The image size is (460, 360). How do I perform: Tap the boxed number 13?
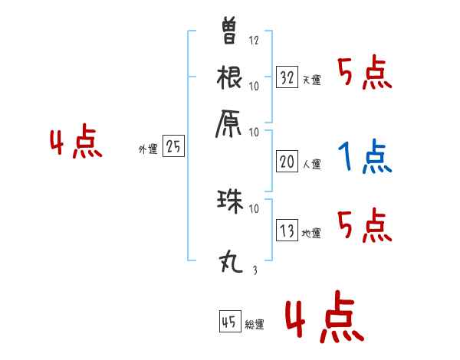[287, 230]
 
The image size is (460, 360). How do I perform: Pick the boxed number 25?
[173, 147]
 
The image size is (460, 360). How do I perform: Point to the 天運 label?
[311, 79]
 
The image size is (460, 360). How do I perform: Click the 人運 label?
[311, 163]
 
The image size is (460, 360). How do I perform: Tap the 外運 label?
[147, 150]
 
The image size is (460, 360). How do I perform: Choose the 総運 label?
[255, 325]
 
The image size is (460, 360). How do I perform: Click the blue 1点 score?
[365, 157]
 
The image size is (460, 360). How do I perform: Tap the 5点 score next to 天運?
[365, 74]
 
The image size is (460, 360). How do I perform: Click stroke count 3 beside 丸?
[254, 270]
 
